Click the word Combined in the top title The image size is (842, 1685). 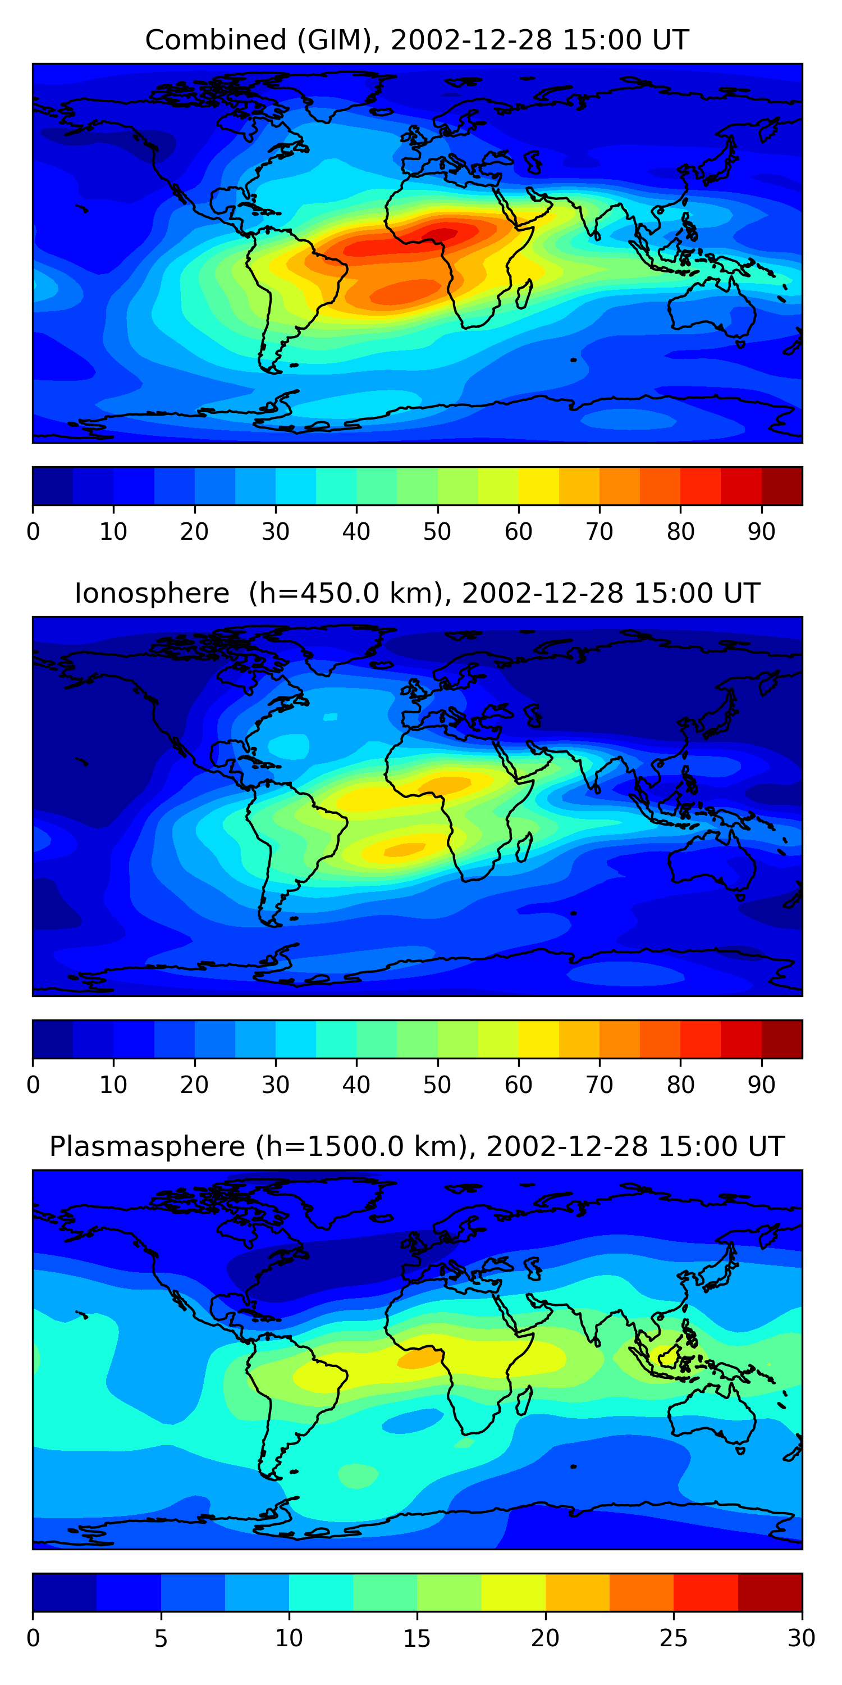[x=216, y=40]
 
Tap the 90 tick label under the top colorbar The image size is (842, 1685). [x=762, y=532]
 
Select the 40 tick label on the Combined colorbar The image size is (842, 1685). [x=356, y=532]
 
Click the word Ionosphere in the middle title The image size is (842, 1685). [x=152, y=593]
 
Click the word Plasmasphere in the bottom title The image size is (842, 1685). [x=147, y=1147]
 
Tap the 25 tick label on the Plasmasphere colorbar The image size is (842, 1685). [x=674, y=1638]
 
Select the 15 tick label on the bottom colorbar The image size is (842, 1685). [x=417, y=1638]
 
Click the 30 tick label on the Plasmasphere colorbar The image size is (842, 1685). [x=802, y=1638]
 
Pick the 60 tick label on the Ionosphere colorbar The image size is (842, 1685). [x=519, y=1085]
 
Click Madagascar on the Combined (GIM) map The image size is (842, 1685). [x=524, y=294]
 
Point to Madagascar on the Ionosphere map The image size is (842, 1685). [x=524, y=847]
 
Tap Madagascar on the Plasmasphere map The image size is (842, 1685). [x=524, y=1400]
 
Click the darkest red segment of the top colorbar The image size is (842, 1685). [x=782, y=486]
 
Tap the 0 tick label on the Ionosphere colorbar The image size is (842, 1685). [x=33, y=1085]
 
